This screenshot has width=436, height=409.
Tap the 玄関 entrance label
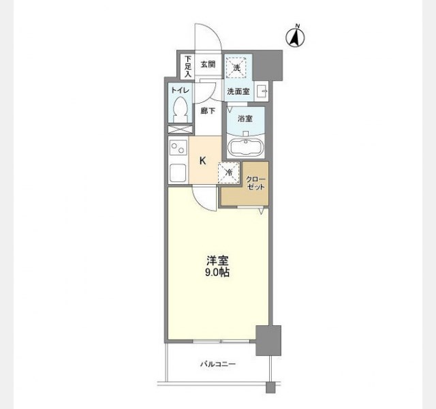(208, 65)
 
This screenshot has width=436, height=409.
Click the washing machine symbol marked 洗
(237, 67)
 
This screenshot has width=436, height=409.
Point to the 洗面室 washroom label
(238, 91)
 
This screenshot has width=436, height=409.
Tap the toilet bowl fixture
(180, 110)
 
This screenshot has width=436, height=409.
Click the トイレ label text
(180, 89)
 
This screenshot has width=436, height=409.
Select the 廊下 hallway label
(208, 110)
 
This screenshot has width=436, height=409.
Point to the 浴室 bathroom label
(245, 119)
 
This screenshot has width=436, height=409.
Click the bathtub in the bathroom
(246, 147)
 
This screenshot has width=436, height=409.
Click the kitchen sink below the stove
(178, 172)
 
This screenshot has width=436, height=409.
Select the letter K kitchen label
(202, 161)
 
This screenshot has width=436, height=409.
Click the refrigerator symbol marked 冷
(229, 172)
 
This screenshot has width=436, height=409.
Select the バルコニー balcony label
(217, 365)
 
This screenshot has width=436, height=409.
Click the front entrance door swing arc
(206, 35)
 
